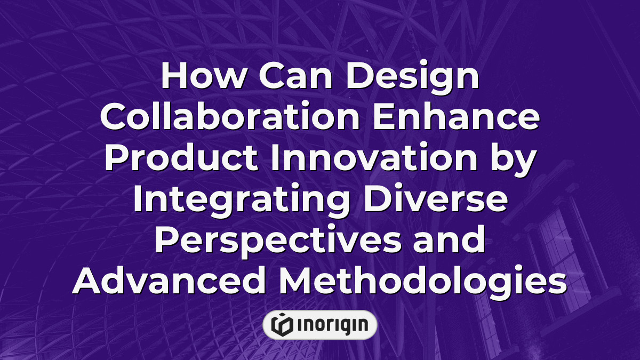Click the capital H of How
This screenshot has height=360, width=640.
[172, 77]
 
